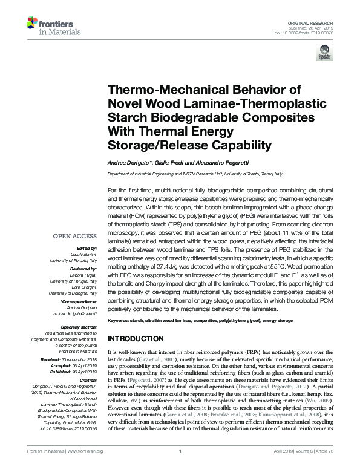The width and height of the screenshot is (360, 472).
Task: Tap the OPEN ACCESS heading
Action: (x=76, y=235)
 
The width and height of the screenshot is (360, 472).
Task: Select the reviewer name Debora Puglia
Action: (x=83, y=275)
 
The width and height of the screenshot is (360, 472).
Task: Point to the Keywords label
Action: (x=120, y=319)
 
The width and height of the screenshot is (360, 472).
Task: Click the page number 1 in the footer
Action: (x=180, y=468)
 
